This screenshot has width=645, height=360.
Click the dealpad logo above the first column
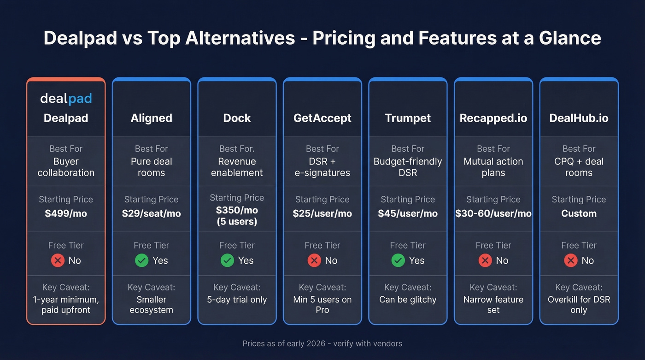tap(66, 98)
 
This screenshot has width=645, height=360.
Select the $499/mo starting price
tap(66, 213)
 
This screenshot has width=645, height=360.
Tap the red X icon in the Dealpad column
tap(58, 260)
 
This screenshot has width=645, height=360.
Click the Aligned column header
tap(151, 118)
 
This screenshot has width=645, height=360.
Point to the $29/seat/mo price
tap(151, 213)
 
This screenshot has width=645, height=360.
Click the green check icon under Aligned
tap(141, 260)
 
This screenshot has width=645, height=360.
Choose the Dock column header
tap(237, 118)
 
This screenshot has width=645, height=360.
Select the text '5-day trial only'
tap(237, 300)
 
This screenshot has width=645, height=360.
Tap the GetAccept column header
tap(322, 118)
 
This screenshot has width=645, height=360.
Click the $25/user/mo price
tap(322, 213)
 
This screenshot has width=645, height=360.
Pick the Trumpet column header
tap(408, 118)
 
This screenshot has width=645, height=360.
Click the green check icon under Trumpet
tap(398, 260)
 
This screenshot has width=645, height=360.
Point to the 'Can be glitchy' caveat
tap(408, 300)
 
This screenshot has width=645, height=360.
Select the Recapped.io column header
tap(493, 118)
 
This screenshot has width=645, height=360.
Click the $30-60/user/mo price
tap(493, 213)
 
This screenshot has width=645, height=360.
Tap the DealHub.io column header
tap(579, 118)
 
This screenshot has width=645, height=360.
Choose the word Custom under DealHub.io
tap(579, 213)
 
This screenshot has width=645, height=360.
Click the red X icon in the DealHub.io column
tap(571, 260)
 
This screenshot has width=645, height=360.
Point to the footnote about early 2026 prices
tap(322, 343)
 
